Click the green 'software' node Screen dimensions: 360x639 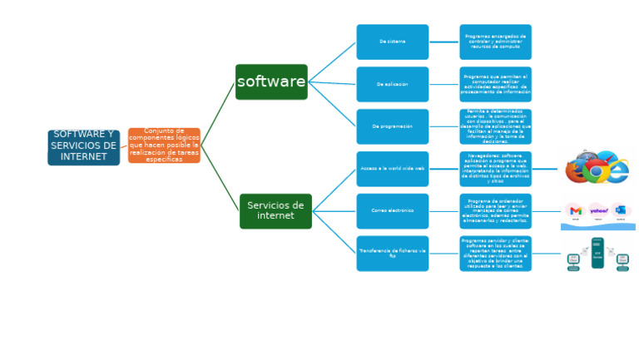[271, 82]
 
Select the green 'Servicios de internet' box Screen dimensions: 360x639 [275, 211]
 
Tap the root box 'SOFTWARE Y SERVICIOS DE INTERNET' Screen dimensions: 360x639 [83, 147]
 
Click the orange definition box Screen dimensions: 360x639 [164, 145]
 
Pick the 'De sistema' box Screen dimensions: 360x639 [393, 42]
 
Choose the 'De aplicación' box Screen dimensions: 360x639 [393, 84]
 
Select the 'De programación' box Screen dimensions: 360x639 [393, 126]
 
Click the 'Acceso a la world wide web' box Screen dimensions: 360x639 [393, 169]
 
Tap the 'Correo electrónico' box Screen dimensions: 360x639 [393, 211]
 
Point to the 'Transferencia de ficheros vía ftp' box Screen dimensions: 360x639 [393, 254]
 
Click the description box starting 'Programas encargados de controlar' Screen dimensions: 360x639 [495, 42]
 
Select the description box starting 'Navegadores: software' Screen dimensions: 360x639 [495, 169]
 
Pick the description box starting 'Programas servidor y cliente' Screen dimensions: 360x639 [495, 254]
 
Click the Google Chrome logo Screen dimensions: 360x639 [596, 170]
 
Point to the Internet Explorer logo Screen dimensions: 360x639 [617, 170]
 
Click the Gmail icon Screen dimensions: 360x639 [576, 211]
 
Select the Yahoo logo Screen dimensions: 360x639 [598, 211]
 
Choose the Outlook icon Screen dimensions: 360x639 [621, 211]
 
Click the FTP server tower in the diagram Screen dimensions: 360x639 [597, 253]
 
